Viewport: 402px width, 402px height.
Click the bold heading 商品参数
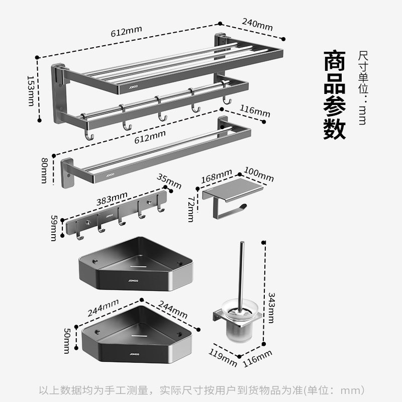(335, 94)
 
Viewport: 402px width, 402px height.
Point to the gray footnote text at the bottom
(201, 390)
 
